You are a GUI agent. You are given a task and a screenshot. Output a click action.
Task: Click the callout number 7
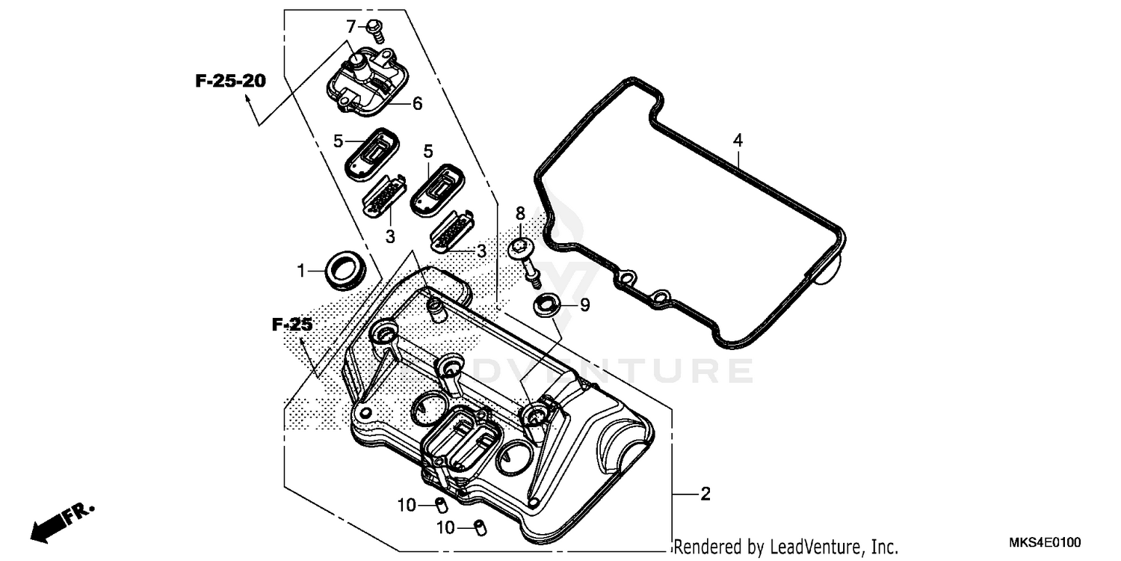pos(351,27)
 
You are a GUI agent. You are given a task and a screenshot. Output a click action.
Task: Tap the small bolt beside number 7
pos(375,29)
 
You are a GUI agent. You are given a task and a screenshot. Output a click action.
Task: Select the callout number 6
pos(417,104)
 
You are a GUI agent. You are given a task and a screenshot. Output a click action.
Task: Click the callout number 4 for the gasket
pos(738,140)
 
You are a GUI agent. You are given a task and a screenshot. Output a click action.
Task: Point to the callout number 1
pos(302,271)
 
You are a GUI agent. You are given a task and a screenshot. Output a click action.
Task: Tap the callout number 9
pos(584,304)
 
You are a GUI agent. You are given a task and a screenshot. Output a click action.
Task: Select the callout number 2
pos(705,494)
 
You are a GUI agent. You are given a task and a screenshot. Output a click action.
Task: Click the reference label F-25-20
pos(230,82)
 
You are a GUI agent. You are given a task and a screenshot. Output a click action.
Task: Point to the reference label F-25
pos(291,325)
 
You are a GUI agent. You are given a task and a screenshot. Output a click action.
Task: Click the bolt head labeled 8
pos(522,248)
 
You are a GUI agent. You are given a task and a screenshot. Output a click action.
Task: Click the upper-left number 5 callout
pos(338,140)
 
